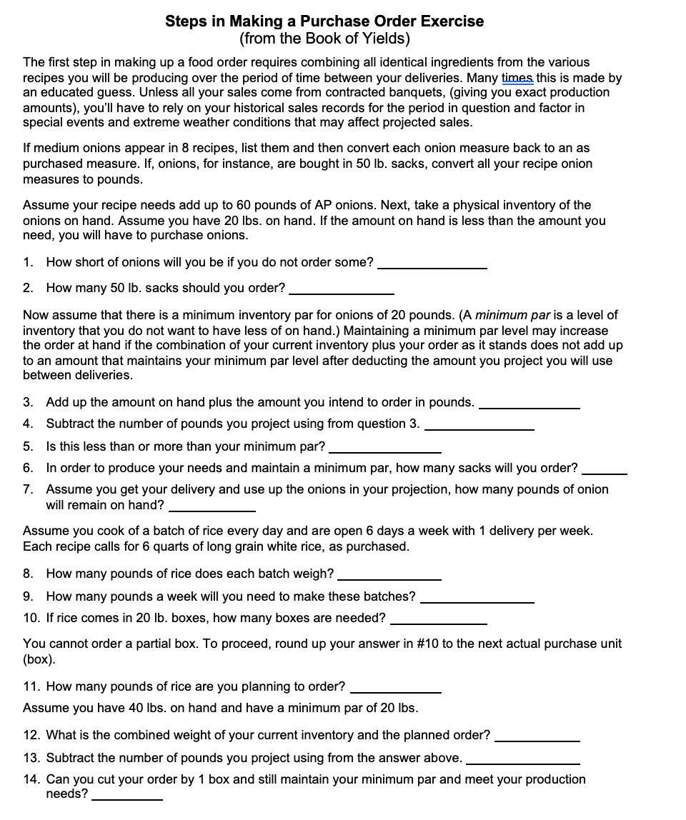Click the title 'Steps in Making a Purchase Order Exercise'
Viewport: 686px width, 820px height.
pyautogui.click(x=324, y=21)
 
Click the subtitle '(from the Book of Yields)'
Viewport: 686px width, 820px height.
pyautogui.click(x=324, y=38)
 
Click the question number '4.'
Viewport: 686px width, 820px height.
pyautogui.click(x=29, y=424)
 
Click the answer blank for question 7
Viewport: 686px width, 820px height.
pyautogui.click(x=212, y=509)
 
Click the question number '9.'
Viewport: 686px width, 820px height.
pyautogui.click(x=29, y=596)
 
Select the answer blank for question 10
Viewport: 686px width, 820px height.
pyautogui.click(x=438, y=622)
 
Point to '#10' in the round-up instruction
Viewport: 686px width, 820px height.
pyautogui.click(x=427, y=644)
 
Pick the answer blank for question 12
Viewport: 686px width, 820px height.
pyautogui.click(x=537, y=739)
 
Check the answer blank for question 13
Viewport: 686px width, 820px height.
pyautogui.click(x=522, y=762)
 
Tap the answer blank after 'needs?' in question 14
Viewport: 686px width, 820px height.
pyautogui.click(x=127, y=798)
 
